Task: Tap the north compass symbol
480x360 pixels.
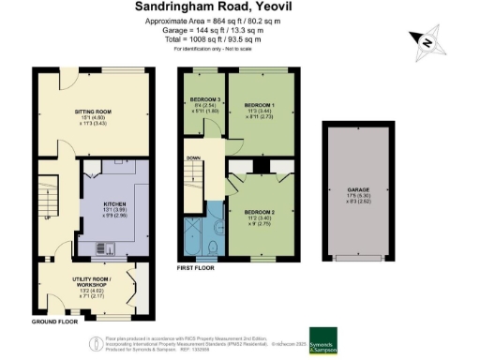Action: (x=426, y=40)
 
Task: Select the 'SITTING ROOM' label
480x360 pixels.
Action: (x=93, y=111)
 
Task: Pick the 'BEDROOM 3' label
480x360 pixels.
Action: (x=205, y=100)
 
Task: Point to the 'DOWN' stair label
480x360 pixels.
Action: (x=193, y=158)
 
